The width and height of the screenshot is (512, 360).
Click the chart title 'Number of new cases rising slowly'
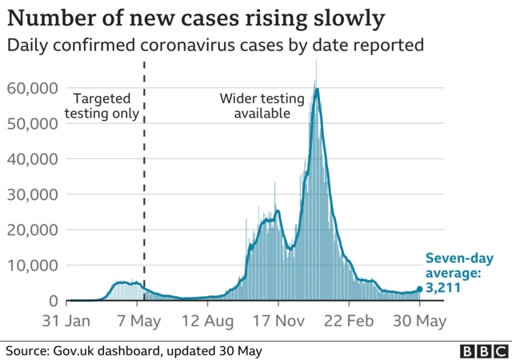coord(196,17)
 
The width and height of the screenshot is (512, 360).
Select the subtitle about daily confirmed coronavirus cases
coord(214,46)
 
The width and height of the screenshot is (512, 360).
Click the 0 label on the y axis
coord(53,301)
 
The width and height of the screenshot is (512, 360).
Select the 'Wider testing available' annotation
coord(262,106)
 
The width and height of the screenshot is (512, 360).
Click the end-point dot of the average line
coord(419,290)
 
